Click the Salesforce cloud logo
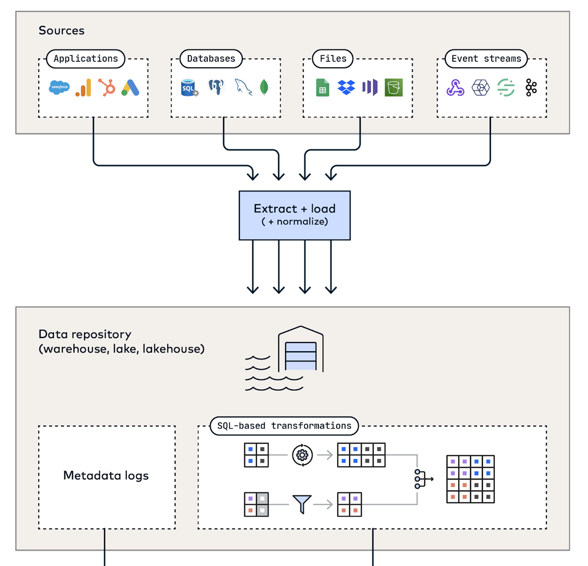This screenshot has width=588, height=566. tap(59, 88)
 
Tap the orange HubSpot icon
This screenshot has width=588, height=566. tap(107, 88)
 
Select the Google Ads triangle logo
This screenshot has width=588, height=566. tap(130, 88)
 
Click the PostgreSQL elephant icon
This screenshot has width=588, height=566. tap(217, 87)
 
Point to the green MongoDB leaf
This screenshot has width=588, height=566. tap(264, 88)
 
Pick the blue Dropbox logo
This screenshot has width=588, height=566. tap(346, 88)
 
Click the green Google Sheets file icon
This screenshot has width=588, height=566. tap(322, 88)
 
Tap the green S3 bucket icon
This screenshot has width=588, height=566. tap(393, 88)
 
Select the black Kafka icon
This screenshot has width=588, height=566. tap(531, 88)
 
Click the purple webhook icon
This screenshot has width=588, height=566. tap(455, 88)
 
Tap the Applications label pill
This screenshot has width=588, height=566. tap(86, 59)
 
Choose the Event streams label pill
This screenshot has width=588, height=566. tap(486, 59)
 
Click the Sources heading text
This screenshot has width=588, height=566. tap(62, 30)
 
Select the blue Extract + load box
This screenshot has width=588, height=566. tap(294, 215)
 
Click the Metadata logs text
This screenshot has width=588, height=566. tap(106, 475)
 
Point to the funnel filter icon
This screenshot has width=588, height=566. tap(302, 504)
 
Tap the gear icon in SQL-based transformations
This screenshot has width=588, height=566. tap(302, 455)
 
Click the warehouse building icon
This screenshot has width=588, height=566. tap(301, 349)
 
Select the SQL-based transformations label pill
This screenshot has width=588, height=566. tap(284, 426)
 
